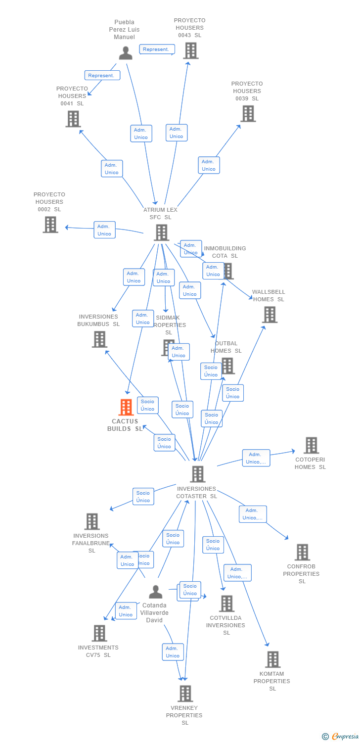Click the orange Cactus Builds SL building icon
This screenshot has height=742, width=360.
[127, 407]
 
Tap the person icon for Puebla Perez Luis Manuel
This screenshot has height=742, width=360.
[126, 52]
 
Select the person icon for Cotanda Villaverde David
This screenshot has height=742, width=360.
[156, 592]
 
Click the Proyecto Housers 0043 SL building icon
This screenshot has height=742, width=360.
[190, 50]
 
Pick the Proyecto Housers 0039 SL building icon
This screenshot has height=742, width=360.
[248, 113]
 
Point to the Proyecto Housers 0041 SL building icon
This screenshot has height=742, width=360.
[73, 119]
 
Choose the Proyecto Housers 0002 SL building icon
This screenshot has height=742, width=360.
[50, 225]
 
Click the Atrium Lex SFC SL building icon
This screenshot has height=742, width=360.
[161, 232]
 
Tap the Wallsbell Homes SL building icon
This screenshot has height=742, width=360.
[270, 315]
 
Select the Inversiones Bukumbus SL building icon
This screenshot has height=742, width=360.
[99, 339]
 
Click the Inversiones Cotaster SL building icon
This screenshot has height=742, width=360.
[197, 474]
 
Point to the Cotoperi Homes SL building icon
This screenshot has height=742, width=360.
[311, 445]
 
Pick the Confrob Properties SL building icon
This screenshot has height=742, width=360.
[302, 552]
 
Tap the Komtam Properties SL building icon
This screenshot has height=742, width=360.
[272, 659]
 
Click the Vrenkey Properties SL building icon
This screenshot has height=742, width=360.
[185, 694]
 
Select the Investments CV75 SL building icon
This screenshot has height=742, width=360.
[99, 633]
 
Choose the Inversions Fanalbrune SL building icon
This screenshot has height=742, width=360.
[91, 521]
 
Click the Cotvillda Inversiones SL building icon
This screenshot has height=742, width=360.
[226, 603]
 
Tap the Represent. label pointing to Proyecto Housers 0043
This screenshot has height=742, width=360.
[157, 49]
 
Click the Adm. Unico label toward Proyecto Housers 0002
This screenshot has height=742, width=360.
[104, 230]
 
